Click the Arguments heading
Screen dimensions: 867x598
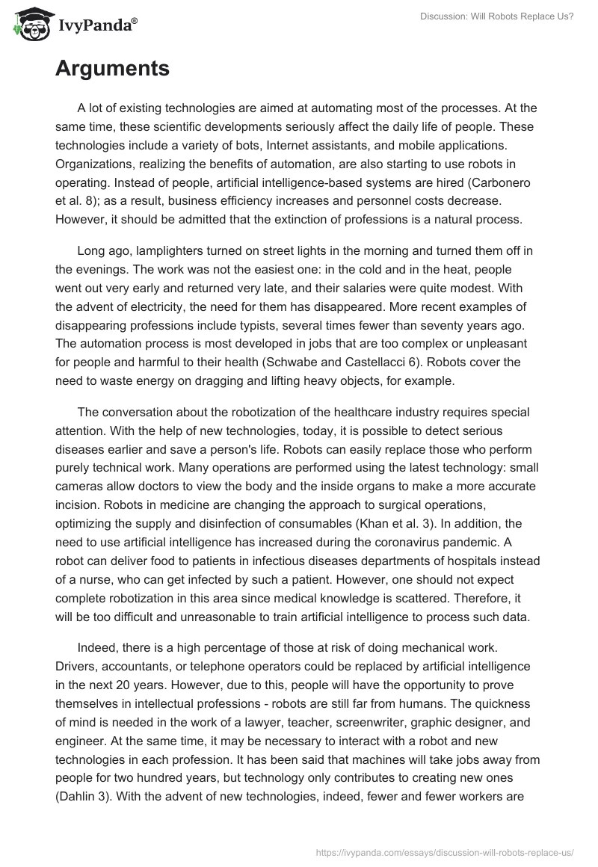point(112,70)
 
